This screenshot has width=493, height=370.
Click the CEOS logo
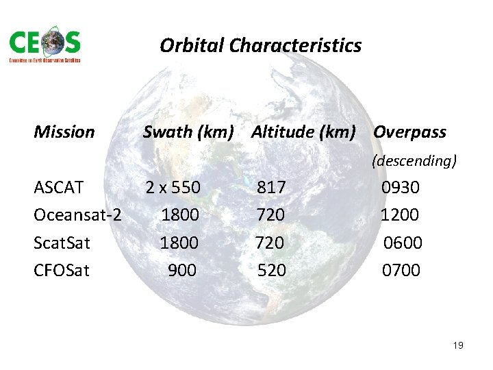coord(45,46)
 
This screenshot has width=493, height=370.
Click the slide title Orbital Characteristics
coord(260,46)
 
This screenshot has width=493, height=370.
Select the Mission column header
coord(64,132)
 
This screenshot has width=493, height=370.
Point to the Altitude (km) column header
coord(303,132)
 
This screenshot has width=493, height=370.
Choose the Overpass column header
coord(409,132)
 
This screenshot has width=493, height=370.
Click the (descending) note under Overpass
coord(414,162)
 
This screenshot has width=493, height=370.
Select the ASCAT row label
coord(59,187)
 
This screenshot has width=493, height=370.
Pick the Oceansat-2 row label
coord(77,215)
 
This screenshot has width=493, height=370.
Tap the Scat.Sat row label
coord(62,243)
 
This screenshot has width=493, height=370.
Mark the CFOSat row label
coord(62,271)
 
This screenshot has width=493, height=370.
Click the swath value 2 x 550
coord(173,187)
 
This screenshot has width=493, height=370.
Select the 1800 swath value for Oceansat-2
coord(180,215)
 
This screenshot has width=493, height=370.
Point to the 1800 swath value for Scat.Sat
coord(179,243)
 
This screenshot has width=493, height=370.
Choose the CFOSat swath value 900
coord(182,271)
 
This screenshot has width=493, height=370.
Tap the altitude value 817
coord(272,187)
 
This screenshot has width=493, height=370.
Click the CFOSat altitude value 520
coord(272,271)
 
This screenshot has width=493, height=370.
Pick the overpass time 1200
coord(400,215)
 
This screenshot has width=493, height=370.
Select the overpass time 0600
coord(403,243)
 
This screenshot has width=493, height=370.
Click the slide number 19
coord(458,345)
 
